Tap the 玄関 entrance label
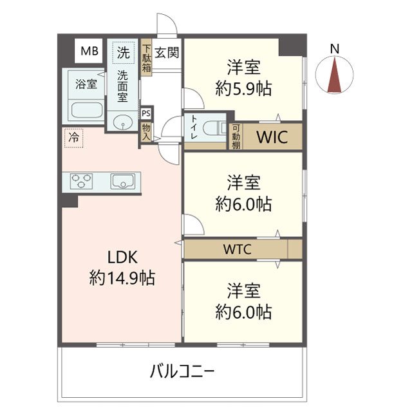167,52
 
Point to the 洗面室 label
122,86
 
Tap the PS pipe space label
146,113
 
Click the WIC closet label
270,136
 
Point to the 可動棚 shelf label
236,136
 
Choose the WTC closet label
237,248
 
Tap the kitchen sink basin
122,181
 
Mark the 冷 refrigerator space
74,137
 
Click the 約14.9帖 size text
122,279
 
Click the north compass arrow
334,75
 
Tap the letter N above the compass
334,48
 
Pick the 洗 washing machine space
122,51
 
